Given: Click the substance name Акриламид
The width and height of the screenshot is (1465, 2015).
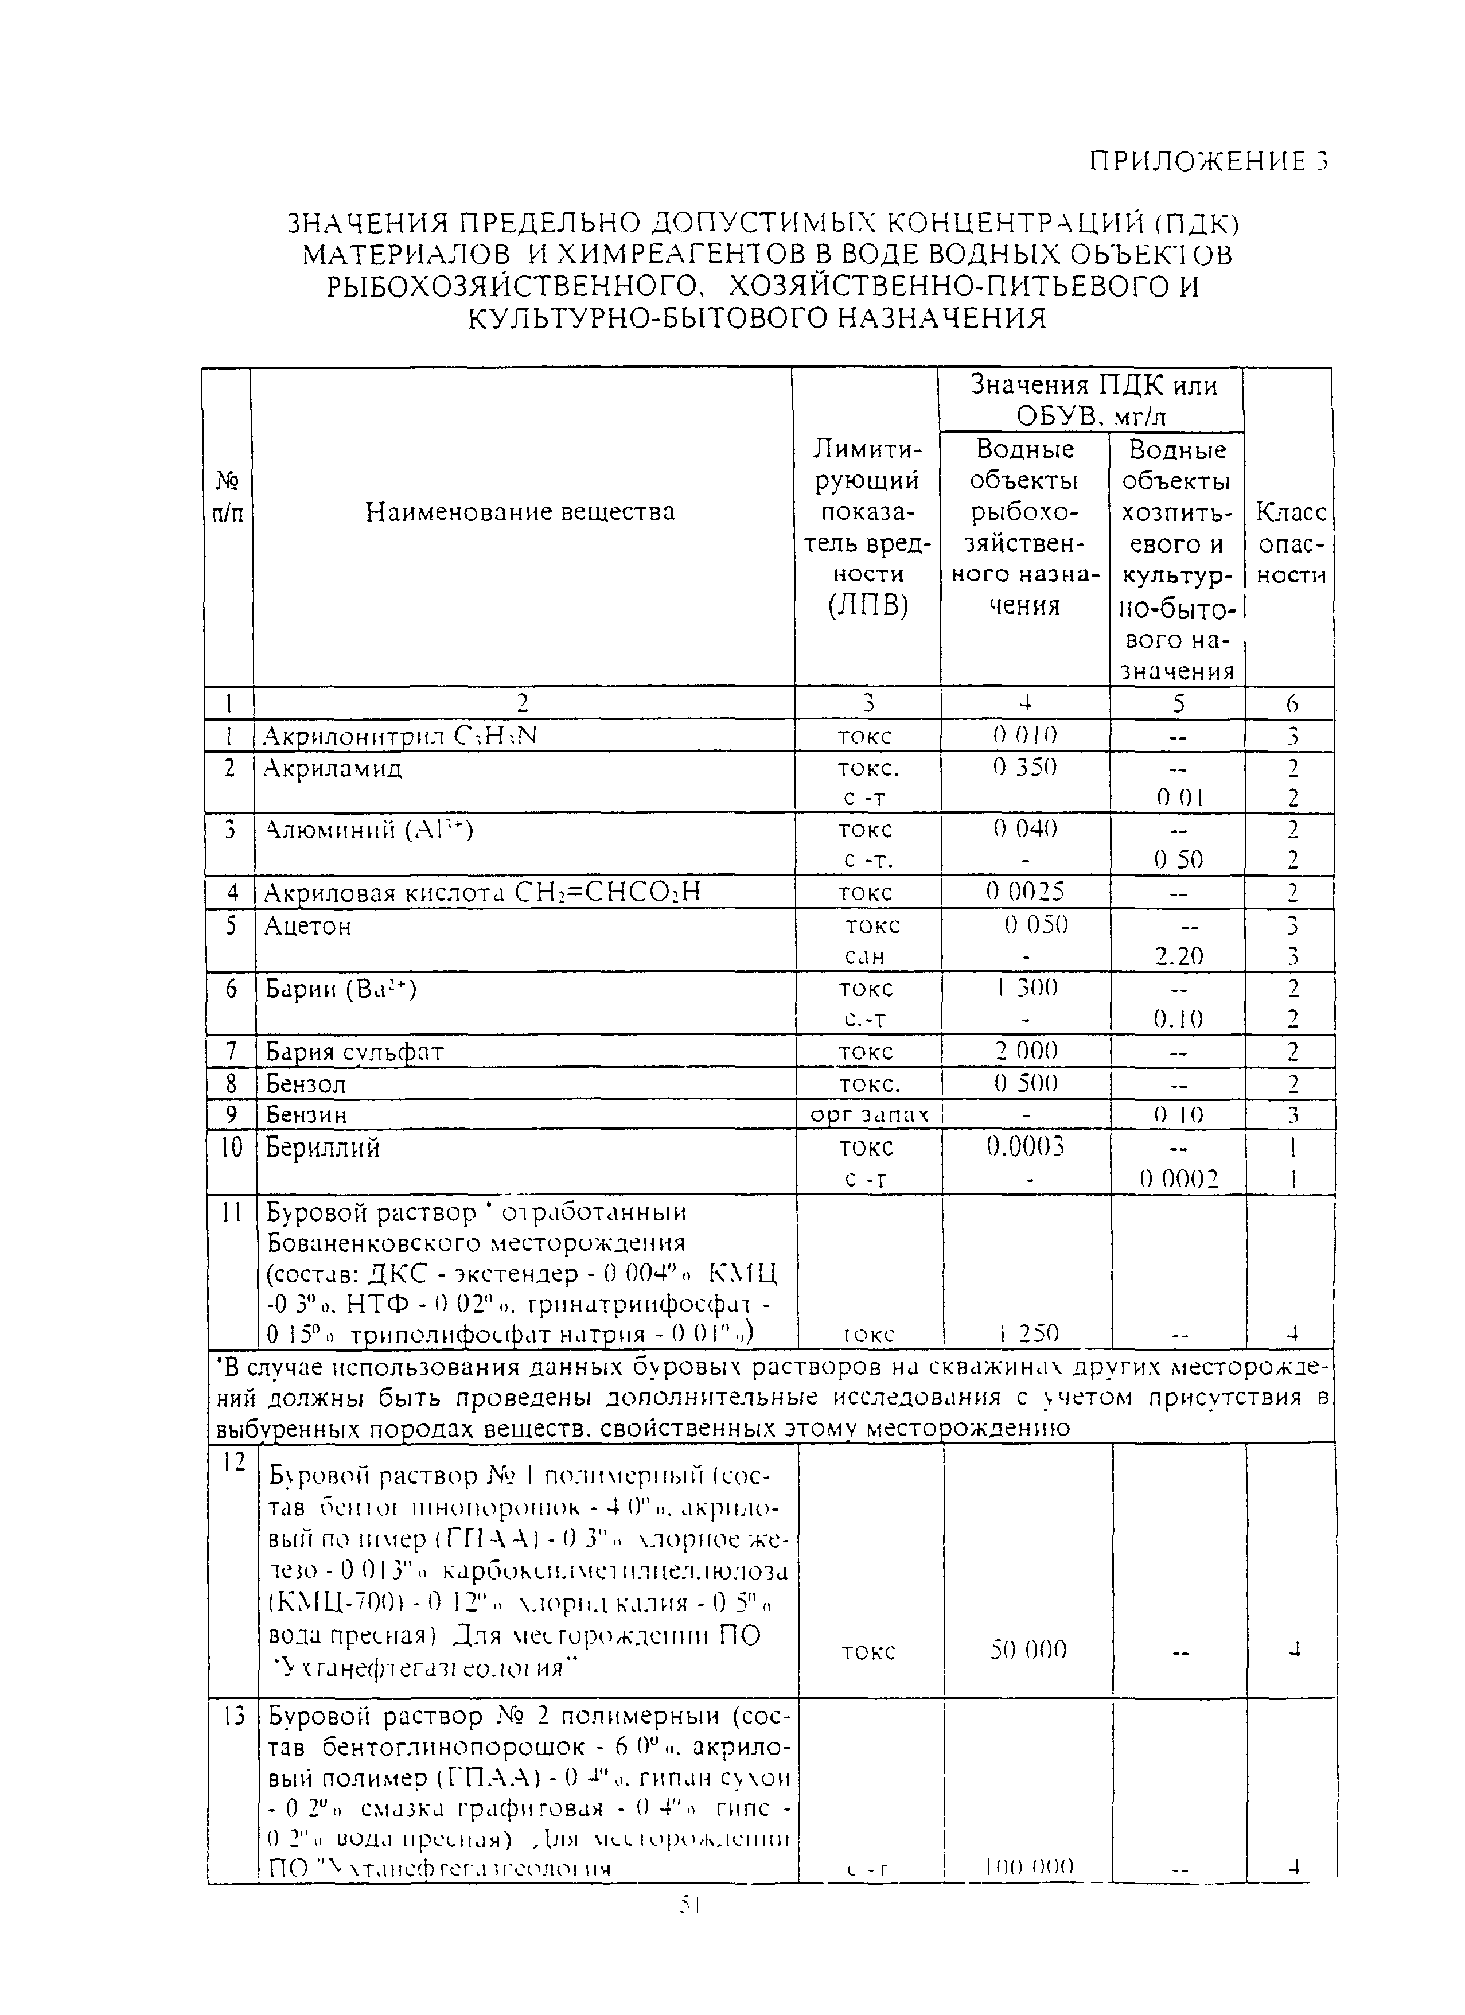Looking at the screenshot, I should pyautogui.click(x=333, y=768).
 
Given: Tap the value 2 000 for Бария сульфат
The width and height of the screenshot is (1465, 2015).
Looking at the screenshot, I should pyautogui.click(x=1026, y=1052).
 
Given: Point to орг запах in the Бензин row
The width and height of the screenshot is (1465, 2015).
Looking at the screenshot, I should pyautogui.click(x=870, y=1115).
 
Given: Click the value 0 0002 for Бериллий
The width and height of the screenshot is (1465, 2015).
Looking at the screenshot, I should pyautogui.click(x=1179, y=1179).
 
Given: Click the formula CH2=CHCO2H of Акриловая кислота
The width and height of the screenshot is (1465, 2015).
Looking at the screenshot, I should pyautogui.click(x=607, y=893).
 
